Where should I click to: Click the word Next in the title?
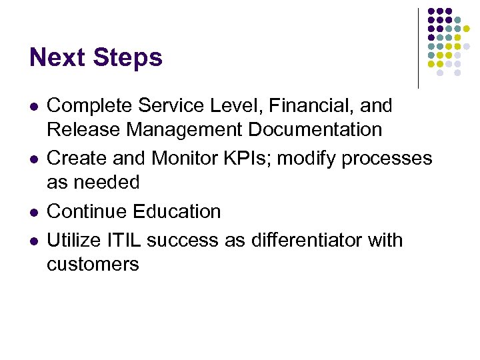pyautogui.click(x=58, y=58)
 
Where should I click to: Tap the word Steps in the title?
pyautogui.click(x=128, y=58)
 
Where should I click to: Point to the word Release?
pyautogui.click(x=83, y=129)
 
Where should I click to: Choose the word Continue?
pyautogui.click(x=87, y=211)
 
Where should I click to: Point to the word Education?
pyautogui.click(x=177, y=211)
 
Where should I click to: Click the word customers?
pyautogui.click(x=93, y=264)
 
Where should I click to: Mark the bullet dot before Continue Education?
pyautogui.click(x=33, y=213)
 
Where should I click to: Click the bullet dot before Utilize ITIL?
pyautogui.click(x=33, y=241)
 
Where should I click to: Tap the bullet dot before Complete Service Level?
pyautogui.click(x=33, y=107)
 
